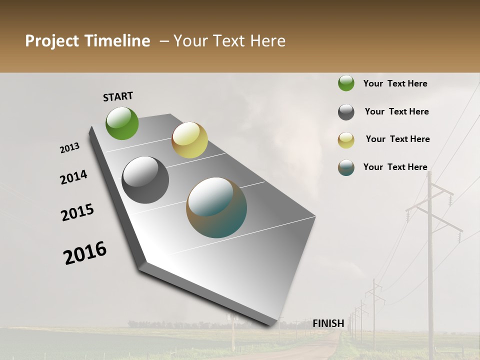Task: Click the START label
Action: click(x=118, y=96)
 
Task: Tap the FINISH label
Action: click(x=328, y=323)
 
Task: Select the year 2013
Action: click(x=69, y=148)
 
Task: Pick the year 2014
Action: click(x=73, y=177)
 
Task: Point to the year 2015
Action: click(x=77, y=212)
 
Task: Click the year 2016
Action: click(x=85, y=253)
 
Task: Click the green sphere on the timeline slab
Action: click(x=122, y=123)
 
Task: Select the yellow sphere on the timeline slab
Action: click(x=189, y=140)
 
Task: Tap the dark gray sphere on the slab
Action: click(x=145, y=180)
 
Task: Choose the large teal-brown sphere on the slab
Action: click(x=216, y=207)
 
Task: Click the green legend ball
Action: click(x=346, y=83)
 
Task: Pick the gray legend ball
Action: click(x=346, y=112)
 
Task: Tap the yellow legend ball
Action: click(x=346, y=140)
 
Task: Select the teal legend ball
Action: click(x=346, y=167)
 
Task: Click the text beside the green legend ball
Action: click(x=395, y=83)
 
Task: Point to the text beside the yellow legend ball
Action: click(x=397, y=139)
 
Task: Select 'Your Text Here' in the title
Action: click(x=229, y=41)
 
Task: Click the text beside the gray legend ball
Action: click(x=396, y=111)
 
